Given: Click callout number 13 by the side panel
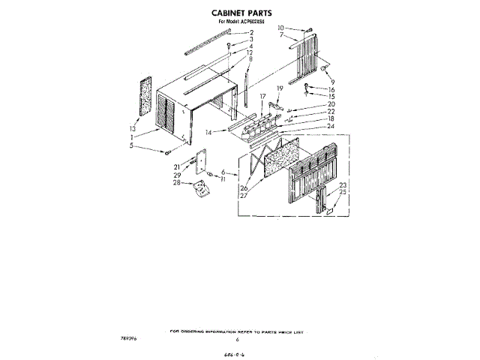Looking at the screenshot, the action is (x=134, y=128).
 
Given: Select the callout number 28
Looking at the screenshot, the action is (x=177, y=182).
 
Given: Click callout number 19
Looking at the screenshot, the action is (x=280, y=89).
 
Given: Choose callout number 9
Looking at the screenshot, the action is (x=333, y=81).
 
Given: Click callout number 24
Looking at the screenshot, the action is (x=329, y=125).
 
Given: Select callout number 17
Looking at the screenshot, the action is (x=263, y=97).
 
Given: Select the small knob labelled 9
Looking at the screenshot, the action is (x=324, y=68).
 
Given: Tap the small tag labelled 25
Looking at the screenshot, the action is (x=328, y=211).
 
